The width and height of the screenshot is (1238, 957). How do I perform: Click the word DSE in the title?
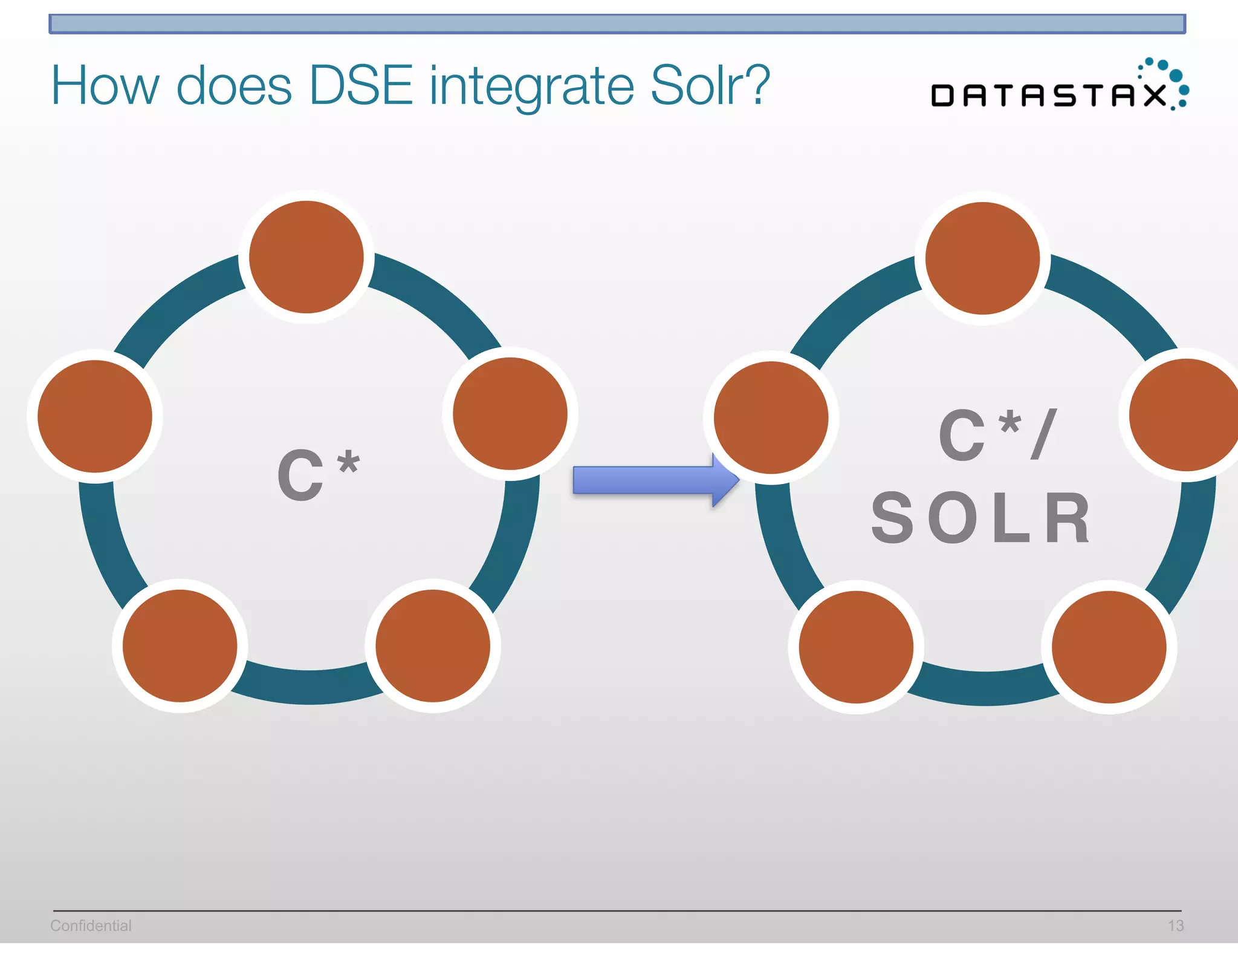coord(360,86)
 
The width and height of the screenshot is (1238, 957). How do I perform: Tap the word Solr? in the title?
coord(710,86)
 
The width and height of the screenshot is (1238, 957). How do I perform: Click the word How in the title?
coord(105,86)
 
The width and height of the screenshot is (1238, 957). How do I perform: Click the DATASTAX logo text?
coord(1049,96)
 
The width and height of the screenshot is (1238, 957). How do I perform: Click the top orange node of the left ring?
coord(306,257)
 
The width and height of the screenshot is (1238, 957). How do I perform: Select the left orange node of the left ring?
coord(95,416)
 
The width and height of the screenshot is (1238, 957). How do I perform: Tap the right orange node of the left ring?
coord(510,414)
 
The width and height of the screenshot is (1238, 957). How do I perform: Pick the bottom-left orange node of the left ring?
coord(180,646)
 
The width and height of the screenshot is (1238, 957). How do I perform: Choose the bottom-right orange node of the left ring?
coord(433,646)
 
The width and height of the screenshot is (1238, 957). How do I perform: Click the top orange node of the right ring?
coord(983,258)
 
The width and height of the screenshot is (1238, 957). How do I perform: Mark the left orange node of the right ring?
coord(771,417)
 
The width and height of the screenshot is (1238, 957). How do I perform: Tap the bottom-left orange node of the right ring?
coord(856,647)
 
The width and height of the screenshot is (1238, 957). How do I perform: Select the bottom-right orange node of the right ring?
coord(1109,647)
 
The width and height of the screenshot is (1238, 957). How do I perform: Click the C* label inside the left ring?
coord(318,475)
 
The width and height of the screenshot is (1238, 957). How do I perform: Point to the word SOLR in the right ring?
coord(980,518)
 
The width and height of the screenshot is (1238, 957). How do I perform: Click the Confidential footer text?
coord(91,926)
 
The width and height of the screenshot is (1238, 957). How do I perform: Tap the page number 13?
coord(1175,926)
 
